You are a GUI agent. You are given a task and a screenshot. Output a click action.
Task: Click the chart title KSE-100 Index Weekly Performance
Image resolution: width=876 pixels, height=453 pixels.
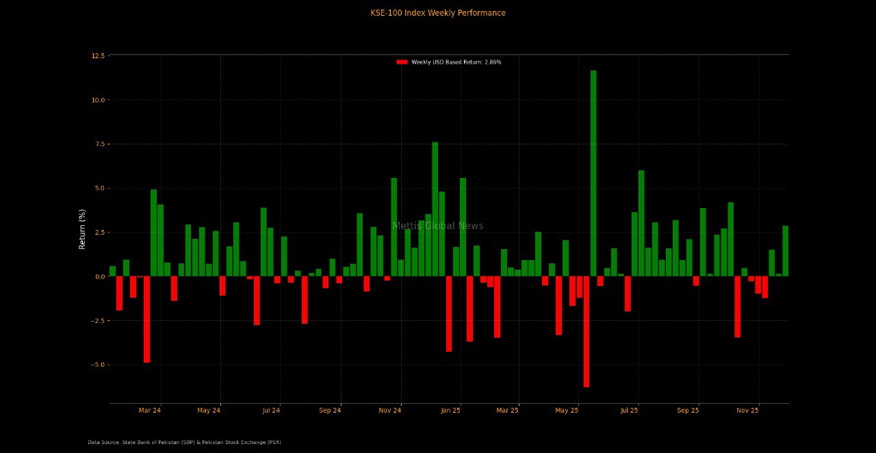click(x=438, y=13)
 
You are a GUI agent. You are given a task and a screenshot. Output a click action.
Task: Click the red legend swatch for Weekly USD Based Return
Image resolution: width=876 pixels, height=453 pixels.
click(x=402, y=62)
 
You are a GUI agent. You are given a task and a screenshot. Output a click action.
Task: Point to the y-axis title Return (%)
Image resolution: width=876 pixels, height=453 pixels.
click(x=83, y=229)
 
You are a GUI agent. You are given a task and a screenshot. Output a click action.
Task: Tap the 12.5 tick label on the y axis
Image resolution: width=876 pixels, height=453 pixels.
click(x=98, y=55)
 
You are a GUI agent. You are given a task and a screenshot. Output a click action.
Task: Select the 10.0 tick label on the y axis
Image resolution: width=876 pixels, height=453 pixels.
click(x=98, y=100)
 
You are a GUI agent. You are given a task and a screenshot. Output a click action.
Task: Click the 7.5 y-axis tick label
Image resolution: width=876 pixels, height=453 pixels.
click(x=99, y=144)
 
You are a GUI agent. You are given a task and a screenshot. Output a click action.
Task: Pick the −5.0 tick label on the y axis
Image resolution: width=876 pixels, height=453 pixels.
click(x=98, y=365)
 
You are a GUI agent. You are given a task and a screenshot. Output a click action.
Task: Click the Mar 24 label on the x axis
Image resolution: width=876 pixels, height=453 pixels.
click(x=150, y=411)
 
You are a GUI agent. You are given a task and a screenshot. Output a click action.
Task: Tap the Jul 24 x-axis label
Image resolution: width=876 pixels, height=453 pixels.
click(x=271, y=411)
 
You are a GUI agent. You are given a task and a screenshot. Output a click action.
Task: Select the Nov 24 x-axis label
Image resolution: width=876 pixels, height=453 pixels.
click(x=389, y=411)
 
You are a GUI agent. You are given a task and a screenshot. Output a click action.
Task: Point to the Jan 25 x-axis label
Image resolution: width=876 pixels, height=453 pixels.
click(x=451, y=411)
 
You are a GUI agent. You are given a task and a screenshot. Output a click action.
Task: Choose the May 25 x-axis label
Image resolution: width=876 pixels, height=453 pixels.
click(x=567, y=411)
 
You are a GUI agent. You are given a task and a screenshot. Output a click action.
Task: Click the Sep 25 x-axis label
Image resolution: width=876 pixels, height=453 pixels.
click(x=688, y=411)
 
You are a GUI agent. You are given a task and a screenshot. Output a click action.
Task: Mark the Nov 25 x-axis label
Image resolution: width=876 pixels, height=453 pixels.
click(x=747, y=411)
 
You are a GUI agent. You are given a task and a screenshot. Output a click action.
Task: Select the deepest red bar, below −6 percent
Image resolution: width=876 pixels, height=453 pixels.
click(x=587, y=332)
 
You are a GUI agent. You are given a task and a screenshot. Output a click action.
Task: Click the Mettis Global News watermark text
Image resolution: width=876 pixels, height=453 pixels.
click(x=438, y=226)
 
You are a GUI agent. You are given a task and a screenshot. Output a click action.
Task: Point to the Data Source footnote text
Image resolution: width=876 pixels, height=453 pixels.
click(x=184, y=443)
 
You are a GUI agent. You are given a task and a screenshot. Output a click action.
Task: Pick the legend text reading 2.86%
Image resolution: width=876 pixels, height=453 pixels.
click(x=493, y=62)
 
